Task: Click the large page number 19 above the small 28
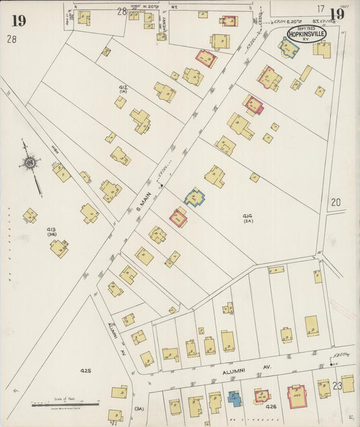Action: pyautogui.click(x=18, y=20)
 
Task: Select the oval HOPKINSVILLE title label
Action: pyautogui.click(x=306, y=34)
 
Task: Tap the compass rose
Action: pyautogui.click(x=30, y=162)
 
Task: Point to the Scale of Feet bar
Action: pyautogui.click(x=65, y=405)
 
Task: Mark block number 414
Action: pyautogui.click(x=247, y=216)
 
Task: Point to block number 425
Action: pyautogui.click(x=85, y=371)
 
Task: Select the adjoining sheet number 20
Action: pyautogui.click(x=336, y=201)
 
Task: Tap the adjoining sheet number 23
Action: pyautogui.click(x=337, y=386)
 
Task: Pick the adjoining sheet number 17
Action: pyautogui.click(x=320, y=9)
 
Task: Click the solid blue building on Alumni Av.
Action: pyautogui.click(x=234, y=398)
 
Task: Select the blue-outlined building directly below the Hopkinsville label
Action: pyautogui.click(x=289, y=49)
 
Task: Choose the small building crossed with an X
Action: pyautogui.click(x=106, y=51)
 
